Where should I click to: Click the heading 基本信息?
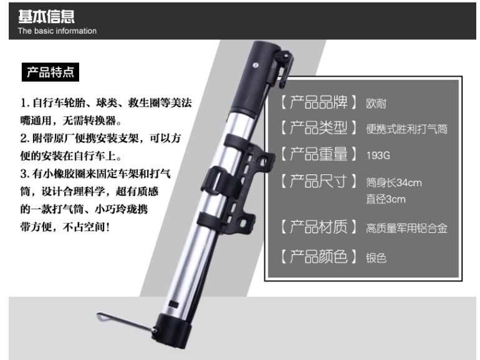46,17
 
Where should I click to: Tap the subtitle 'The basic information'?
57,31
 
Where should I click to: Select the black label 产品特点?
50,72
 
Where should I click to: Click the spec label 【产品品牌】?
319,102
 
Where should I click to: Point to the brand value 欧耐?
377,104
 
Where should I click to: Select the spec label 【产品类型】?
319,128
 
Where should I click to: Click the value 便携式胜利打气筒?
407,129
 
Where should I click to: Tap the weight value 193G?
378,155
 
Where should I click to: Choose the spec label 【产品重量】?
319,154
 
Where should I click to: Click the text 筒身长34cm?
394,183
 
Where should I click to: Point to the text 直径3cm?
386,199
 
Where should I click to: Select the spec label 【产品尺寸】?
319,181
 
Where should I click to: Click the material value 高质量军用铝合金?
407,229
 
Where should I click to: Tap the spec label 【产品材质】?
319,227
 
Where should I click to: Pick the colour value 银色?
377,258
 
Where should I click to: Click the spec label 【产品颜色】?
319,257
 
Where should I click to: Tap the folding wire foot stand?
126,322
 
